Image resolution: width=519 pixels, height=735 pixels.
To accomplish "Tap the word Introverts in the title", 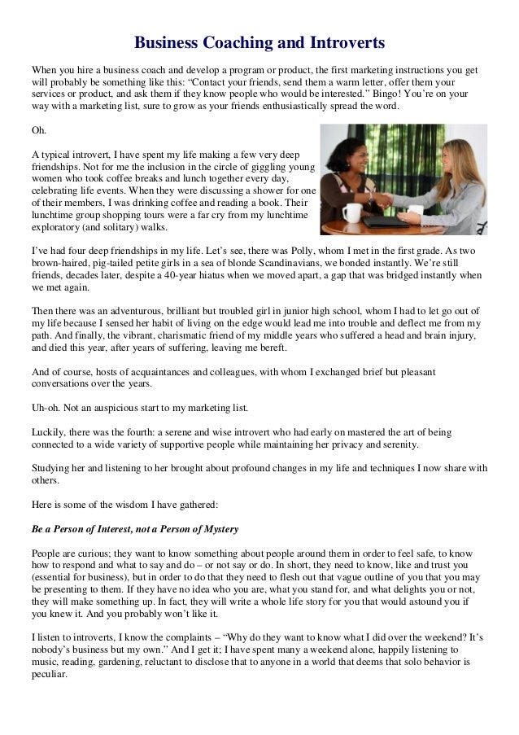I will coord(344,42).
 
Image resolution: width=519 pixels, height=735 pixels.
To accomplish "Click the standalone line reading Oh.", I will coord(38,130).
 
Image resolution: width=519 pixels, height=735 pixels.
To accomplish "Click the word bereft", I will coord(269,349).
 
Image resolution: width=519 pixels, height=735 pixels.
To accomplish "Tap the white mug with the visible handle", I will coord(352,213).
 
